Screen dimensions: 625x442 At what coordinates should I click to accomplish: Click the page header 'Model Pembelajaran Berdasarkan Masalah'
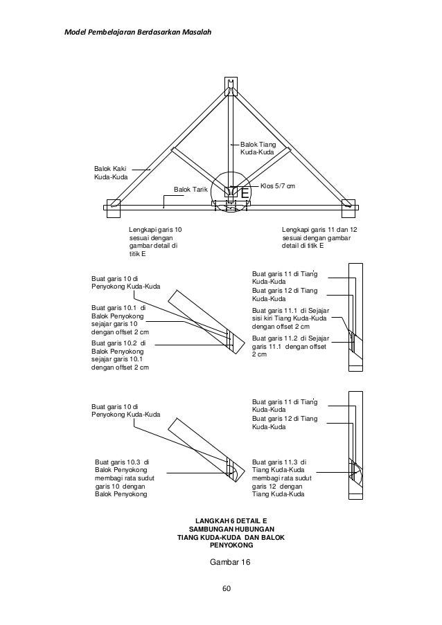pos(138,32)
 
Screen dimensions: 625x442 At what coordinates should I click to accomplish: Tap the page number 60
pos(226,588)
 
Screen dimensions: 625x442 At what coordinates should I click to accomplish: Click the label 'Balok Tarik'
pos(191,188)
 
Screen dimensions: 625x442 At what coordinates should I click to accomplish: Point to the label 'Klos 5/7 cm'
pos(278,185)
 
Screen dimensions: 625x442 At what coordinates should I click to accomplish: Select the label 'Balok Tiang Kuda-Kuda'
pos(258,148)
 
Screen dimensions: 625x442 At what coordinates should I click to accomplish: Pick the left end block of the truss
pos(113,206)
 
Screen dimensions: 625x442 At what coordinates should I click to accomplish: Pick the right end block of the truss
pos(348,206)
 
